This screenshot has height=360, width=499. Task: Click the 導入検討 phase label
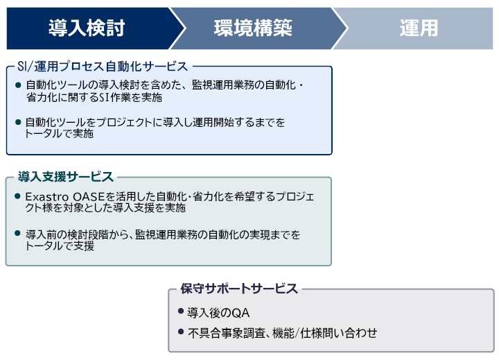coord(87,28)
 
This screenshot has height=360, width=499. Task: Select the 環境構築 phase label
coord(253,28)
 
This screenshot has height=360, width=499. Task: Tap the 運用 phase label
coord(419,28)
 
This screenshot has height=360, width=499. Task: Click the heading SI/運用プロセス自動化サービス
coord(103,67)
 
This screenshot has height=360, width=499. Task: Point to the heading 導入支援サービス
coord(66,176)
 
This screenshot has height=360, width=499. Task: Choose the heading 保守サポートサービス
coord(239,289)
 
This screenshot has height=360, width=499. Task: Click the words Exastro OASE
coord(65,196)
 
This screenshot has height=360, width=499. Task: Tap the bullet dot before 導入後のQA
coord(181,311)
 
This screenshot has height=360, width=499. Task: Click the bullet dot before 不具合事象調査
coord(181,332)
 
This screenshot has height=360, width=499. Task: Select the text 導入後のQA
coord(218,313)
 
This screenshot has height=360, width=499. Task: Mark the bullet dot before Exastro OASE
coord(17,196)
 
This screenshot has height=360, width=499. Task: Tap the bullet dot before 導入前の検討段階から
coord(17,233)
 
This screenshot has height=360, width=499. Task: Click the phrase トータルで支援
coord(60,246)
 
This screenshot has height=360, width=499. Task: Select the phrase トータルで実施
coord(59,133)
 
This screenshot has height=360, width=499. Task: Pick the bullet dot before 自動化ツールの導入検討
coord(18,85)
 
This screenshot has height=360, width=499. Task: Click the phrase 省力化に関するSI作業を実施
coord(94,97)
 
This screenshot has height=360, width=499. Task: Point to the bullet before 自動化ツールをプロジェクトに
coord(18,121)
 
